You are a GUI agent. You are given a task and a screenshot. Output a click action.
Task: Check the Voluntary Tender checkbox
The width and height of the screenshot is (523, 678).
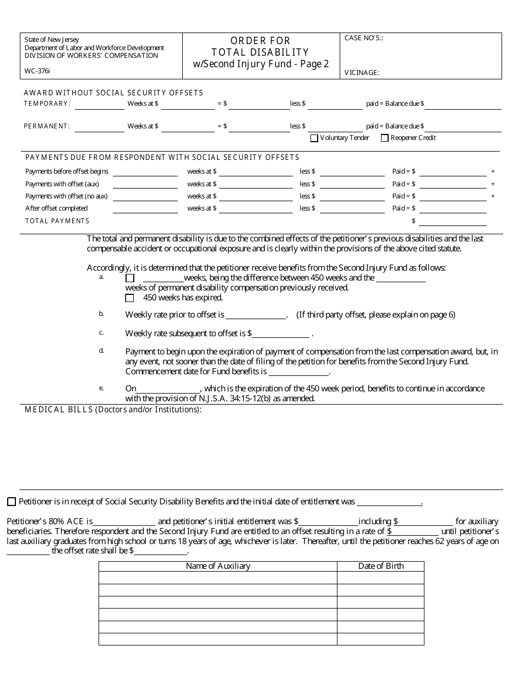point(314,138)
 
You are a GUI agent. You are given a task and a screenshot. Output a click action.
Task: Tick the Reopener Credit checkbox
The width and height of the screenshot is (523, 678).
point(384,138)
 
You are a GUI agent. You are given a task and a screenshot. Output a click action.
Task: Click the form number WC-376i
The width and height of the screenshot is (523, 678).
point(37,72)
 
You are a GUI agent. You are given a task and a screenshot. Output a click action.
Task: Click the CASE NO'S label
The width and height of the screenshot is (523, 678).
point(363,38)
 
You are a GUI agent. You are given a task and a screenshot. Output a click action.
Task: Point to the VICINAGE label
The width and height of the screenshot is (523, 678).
point(362,72)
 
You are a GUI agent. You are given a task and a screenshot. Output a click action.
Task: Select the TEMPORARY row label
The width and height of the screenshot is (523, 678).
point(47,104)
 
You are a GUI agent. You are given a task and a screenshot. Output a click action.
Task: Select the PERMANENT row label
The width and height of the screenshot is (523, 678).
point(47,126)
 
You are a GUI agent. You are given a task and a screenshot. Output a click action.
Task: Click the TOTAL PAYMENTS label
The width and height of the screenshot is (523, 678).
point(57,221)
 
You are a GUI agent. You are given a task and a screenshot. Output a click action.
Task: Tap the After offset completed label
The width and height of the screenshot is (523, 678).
point(56,208)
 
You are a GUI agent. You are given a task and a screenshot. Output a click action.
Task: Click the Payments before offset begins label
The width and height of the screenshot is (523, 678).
point(67,171)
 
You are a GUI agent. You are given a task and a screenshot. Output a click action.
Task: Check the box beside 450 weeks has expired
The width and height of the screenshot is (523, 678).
point(130,298)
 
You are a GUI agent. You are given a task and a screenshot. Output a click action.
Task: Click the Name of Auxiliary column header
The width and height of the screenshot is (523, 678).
point(217,566)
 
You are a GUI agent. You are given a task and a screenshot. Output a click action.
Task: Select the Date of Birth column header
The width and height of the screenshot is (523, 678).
point(380,566)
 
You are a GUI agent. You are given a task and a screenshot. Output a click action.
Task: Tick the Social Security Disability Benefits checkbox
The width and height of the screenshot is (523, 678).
point(12,502)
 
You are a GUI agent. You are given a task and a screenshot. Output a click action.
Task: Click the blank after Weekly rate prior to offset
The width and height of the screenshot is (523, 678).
point(255,316)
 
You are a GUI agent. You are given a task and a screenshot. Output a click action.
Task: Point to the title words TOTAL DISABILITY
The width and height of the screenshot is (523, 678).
point(260,52)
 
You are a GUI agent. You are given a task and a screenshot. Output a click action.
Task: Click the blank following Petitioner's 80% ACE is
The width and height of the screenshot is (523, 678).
point(124,521)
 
